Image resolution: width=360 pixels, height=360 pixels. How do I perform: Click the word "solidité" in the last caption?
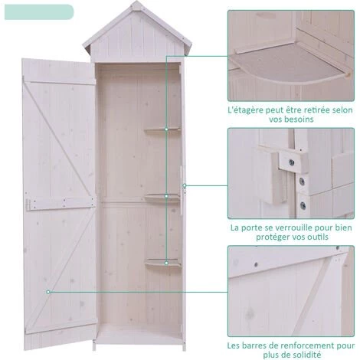pyautogui.click(x=306, y=355)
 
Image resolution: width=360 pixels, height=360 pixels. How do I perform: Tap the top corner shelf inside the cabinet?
pyautogui.click(x=162, y=129)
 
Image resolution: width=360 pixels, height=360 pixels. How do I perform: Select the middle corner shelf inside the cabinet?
pyautogui.click(x=163, y=198)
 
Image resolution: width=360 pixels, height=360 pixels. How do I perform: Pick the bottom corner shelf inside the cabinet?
pyautogui.click(x=163, y=263)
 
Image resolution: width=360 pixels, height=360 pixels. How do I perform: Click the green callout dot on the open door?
pyautogui.click(x=48, y=292)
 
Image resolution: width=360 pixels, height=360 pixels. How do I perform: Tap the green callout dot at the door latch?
pyautogui.click(x=185, y=185)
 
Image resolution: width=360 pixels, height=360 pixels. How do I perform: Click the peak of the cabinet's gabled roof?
pyautogui.click(x=137, y=2)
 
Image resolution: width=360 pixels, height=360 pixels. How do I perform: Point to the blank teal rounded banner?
pyautogui.click(x=39, y=12)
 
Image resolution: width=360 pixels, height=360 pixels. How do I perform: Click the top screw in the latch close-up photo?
pyautogui.click(x=291, y=162)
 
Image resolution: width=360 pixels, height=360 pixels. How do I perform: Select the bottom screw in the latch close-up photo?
pyautogui.click(x=303, y=205)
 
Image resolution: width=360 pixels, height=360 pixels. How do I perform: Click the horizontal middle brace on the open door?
pyautogui.click(x=61, y=204)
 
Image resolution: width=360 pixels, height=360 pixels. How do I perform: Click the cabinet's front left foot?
pyautogui.click(x=94, y=345)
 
